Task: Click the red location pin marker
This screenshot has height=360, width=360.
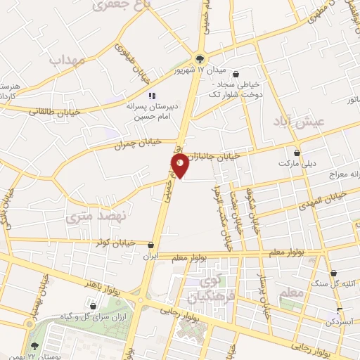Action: tap(180, 166)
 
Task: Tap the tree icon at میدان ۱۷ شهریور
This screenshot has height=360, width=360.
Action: tap(201, 60)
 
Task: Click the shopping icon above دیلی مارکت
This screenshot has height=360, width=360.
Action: tap(297, 152)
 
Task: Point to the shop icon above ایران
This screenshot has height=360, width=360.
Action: tap(152, 245)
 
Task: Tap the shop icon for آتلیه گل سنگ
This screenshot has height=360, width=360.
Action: tap(333, 274)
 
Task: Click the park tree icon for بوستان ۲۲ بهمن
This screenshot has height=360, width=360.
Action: tap(35, 345)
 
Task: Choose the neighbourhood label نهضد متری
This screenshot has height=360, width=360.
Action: tap(89, 218)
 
